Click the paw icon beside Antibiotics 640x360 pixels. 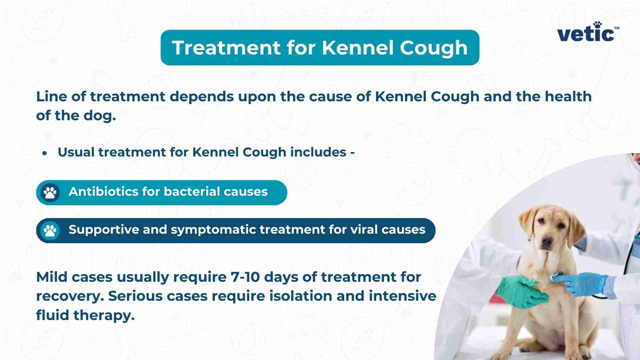pos(50,193)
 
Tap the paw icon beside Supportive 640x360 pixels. pos(50,231)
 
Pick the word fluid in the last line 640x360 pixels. pos(52,315)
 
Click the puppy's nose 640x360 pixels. pos(546,241)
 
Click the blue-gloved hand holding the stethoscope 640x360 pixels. pos(582,284)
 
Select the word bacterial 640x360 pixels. pos(192,192)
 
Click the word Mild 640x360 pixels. pos(51,277)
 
